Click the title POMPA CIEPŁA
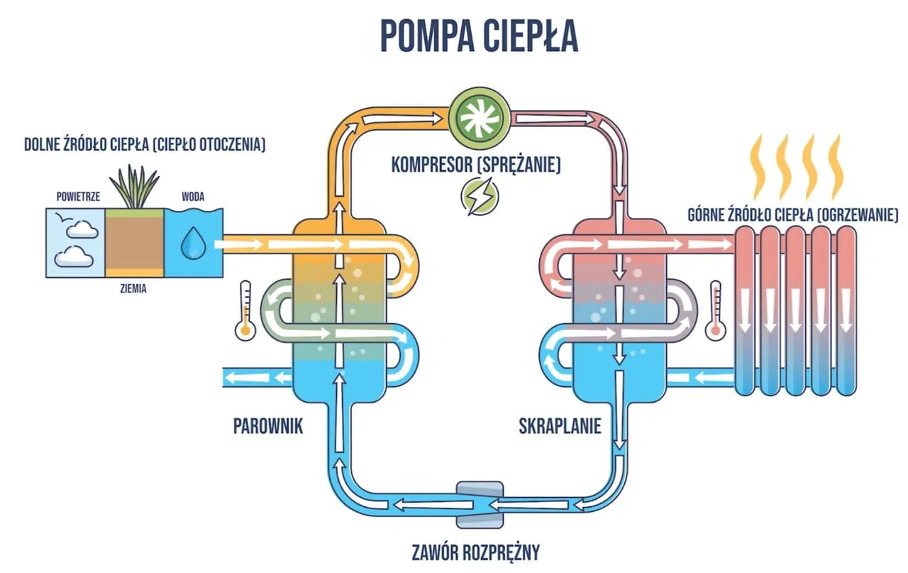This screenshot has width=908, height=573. [x=480, y=36]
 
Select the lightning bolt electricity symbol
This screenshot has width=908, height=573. [x=475, y=195]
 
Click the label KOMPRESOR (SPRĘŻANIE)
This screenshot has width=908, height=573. [x=476, y=165]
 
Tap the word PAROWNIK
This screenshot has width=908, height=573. [x=268, y=426]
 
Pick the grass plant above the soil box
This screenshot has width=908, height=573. [x=134, y=187]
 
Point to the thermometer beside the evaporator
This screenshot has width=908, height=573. [x=246, y=307]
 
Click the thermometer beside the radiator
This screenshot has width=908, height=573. [x=714, y=307]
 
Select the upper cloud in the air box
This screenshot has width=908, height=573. [x=79, y=228]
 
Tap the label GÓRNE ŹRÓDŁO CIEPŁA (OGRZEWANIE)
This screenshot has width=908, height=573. [x=792, y=214]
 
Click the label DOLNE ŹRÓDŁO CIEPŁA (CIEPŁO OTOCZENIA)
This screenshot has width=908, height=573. [x=145, y=146]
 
